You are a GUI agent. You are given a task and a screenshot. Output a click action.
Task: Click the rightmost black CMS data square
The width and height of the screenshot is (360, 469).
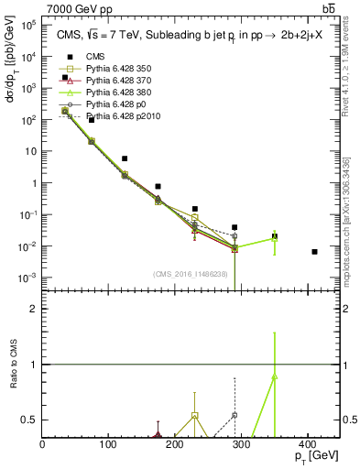coord(315,252)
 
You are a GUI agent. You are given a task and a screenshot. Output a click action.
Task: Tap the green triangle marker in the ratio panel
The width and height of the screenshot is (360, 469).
coord(275,376)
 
